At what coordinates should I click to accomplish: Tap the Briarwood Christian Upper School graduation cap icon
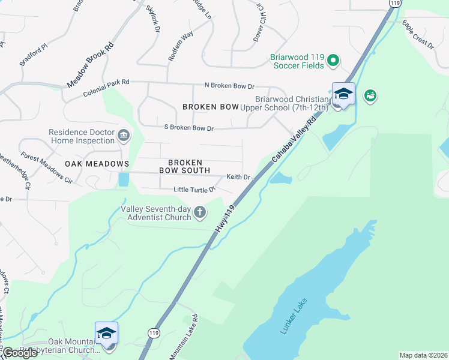point(343,94)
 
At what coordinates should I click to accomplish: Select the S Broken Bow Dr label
point(189,128)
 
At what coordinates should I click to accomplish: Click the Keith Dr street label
point(237,177)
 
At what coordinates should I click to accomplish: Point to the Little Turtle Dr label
point(194,190)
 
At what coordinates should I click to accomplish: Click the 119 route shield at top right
point(394,3)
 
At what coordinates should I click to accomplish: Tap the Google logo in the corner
point(19,353)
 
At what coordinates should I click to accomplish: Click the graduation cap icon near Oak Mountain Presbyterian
point(106,333)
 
